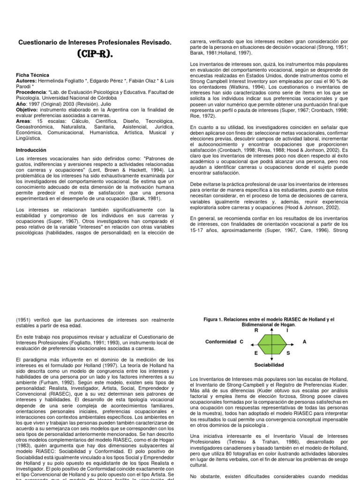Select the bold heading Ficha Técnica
33,75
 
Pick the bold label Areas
23,121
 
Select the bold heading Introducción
31,150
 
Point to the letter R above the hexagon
256,330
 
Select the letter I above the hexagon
287,330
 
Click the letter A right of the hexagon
305,342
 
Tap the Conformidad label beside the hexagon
220,342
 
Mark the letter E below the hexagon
256,353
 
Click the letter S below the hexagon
288,353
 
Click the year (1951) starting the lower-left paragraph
24,320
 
